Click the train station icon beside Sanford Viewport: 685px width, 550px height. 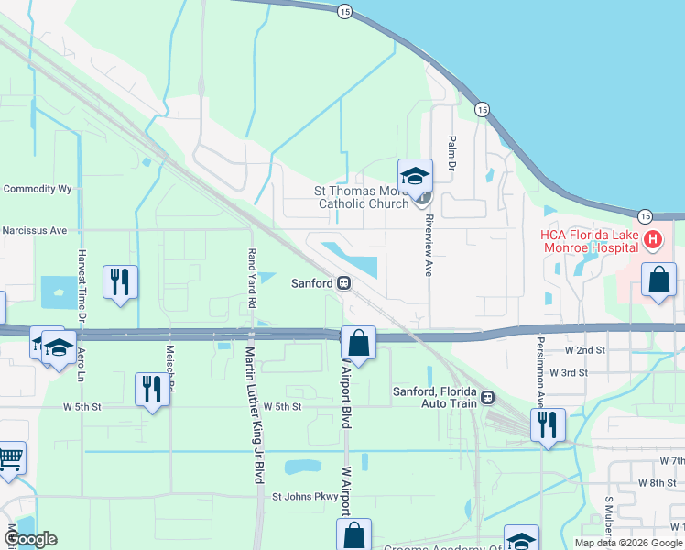(x=344, y=283)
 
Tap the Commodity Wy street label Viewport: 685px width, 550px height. (x=38, y=189)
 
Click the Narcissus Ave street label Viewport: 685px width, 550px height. (x=35, y=231)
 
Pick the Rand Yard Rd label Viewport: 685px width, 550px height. (x=251, y=274)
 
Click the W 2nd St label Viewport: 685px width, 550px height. (x=585, y=350)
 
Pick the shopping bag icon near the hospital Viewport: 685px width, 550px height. (x=658, y=280)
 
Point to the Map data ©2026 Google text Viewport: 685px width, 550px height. (x=627, y=543)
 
